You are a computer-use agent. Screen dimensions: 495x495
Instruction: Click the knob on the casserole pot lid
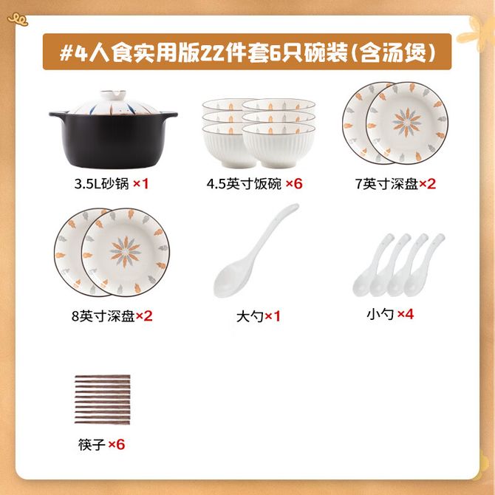113,95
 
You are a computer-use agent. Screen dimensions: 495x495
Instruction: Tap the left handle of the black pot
58,115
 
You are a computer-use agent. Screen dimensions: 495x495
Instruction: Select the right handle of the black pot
169,115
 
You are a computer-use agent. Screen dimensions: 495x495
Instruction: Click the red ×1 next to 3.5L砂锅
141,183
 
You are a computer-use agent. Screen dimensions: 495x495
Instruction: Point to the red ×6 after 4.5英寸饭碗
294,183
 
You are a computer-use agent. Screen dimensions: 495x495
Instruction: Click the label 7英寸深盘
386,184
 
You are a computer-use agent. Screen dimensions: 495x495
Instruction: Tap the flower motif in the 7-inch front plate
406,122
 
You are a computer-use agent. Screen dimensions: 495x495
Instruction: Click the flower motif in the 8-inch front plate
125,252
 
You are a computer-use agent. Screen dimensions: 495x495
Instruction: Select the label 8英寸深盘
103,316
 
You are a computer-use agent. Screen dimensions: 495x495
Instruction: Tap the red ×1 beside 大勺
273,316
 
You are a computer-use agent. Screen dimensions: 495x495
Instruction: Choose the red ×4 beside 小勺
406,314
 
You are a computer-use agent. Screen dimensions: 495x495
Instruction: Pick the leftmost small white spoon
373,266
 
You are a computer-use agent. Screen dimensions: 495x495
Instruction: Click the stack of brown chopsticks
102,400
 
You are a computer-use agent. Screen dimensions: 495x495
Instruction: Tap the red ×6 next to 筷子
117,445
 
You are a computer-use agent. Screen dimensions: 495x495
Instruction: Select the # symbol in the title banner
66,52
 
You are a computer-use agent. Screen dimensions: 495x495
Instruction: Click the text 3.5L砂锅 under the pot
102,184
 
